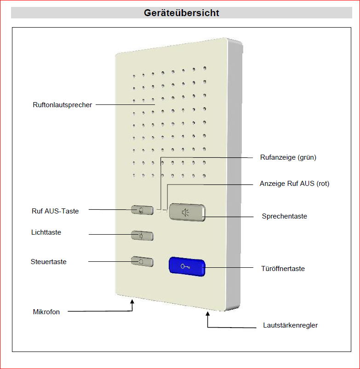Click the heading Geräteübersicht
coord(181,13)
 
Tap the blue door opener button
coord(186,266)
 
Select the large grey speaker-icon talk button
coord(187,212)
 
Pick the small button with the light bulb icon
coord(142,236)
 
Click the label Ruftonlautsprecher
coord(63,105)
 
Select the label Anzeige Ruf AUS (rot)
coord(295,184)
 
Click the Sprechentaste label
coord(285,216)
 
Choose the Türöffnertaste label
coord(283,269)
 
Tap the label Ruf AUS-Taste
coord(55,211)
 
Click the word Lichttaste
coord(46,232)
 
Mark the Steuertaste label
coord(49,262)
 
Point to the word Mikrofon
coord(46,312)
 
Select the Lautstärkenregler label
coord(291,325)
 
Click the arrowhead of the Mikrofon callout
coord(132,302)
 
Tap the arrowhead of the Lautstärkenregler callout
coord(207,314)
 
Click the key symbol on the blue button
coord(186,266)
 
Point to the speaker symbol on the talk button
coord(185,212)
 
